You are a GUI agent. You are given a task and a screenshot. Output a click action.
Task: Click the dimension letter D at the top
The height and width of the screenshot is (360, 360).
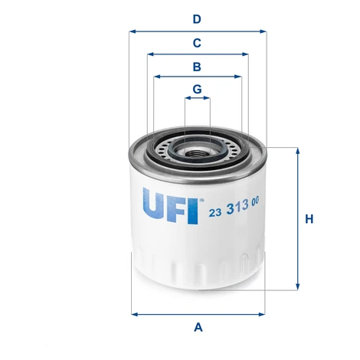coord(197,19)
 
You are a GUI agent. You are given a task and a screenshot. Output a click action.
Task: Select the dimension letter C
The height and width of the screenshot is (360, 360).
coord(197,43)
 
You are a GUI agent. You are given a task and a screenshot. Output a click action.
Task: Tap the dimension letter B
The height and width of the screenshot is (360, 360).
coord(197,67)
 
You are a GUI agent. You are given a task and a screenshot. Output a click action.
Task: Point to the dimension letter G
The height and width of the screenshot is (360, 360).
coord(197,90)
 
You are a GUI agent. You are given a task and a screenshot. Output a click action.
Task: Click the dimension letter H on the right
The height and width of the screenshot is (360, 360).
coord(309,219)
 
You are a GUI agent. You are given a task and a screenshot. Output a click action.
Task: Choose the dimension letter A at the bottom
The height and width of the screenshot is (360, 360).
coord(198,327)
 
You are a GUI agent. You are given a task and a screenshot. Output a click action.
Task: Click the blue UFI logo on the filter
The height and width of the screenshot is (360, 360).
coord(170,206)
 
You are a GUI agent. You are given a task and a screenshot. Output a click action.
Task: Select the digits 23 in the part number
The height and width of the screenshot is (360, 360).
coord(215,212)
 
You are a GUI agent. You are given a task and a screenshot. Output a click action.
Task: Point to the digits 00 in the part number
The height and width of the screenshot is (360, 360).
coord(255,201)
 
